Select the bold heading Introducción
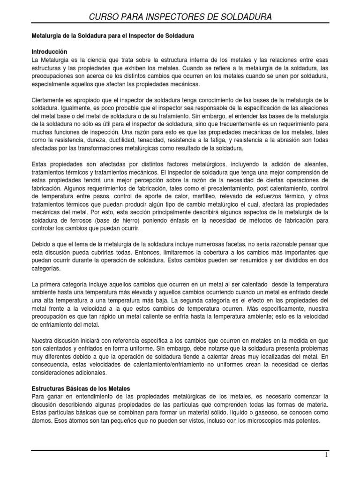pos(49,52)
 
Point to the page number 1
pos(327,455)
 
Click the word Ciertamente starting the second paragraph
pos(49,99)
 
